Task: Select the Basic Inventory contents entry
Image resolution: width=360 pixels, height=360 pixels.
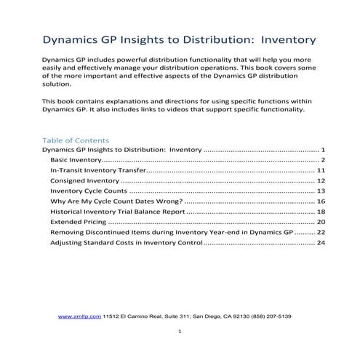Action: (x=76, y=159)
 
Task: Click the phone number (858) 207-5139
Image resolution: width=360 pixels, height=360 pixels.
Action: (x=270, y=317)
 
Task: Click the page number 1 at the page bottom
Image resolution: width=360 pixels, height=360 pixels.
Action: (x=180, y=332)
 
